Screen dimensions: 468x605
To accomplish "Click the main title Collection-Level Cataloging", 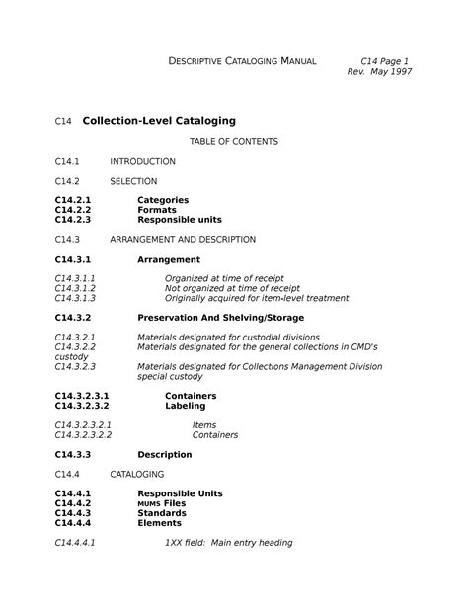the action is (x=159, y=121).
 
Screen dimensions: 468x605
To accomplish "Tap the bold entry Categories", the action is (x=163, y=200).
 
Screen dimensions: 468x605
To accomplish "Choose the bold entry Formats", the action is (x=158, y=210).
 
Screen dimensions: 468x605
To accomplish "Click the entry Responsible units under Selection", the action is (x=180, y=220).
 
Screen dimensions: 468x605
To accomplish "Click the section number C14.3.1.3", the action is (x=76, y=298).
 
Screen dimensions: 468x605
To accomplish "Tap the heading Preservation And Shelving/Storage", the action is (x=221, y=318).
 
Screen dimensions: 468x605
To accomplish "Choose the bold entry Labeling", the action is (x=185, y=406).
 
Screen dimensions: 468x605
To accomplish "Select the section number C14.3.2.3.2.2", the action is (x=84, y=435).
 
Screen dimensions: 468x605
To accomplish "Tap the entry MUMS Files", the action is (x=161, y=503).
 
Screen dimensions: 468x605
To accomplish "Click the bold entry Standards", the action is (x=162, y=513).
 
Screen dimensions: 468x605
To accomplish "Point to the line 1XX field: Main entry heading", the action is (x=228, y=543).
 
